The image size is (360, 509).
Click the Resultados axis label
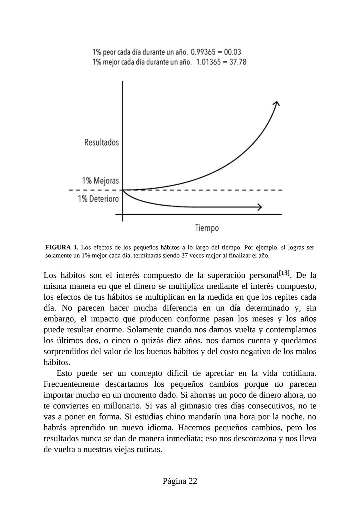click(101, 142)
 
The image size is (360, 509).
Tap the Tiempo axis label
click(207, 228)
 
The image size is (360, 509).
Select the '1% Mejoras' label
click(100, 181)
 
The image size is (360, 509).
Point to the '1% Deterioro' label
click(98, 199)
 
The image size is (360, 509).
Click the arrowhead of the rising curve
click(276, 104)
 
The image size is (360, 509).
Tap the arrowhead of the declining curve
click(259, 207)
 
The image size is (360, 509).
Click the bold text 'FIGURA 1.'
click(61, 248)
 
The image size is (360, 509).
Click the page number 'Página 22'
click(180, 481)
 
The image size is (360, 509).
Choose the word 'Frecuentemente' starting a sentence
click(71, 384)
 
